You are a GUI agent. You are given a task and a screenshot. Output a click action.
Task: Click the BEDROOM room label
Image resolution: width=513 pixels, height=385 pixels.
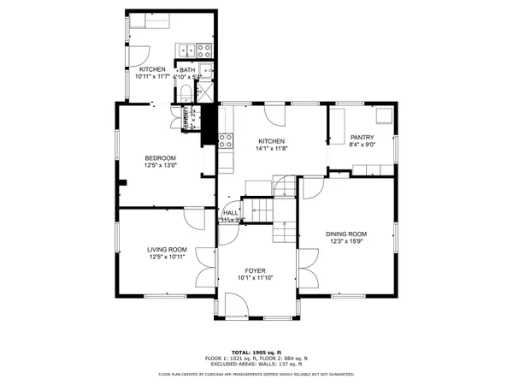click(160, 157)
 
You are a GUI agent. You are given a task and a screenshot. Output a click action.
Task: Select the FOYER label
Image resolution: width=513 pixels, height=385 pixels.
click(256, 269)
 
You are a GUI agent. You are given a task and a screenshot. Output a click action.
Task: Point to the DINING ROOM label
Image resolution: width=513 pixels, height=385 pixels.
click(345, 234)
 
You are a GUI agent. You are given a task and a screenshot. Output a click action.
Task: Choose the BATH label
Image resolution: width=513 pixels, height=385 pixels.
click(186, 69)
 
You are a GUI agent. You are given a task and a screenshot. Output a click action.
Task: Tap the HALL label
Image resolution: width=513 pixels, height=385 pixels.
click(231, 213)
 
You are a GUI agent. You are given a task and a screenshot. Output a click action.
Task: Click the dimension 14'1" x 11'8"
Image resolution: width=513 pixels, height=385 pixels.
click(271, 149)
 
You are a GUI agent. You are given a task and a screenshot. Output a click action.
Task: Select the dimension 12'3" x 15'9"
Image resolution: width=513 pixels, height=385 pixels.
click(345, 241)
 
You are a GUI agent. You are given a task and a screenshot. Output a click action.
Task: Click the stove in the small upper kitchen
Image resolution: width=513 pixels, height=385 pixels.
click(203, 50)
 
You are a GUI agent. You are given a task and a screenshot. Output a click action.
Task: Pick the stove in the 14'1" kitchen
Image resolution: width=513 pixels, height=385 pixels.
click(226, 140)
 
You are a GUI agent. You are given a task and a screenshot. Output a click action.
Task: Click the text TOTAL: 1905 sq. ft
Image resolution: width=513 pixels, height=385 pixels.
click(256, 352)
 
